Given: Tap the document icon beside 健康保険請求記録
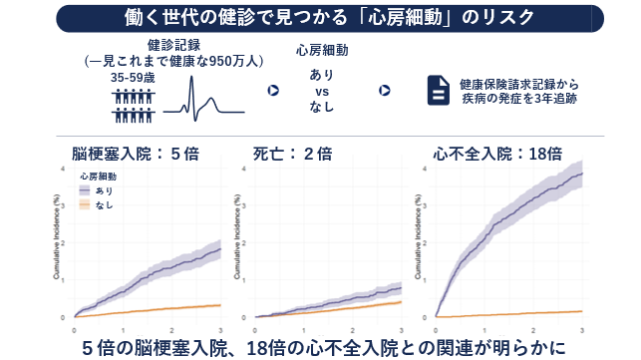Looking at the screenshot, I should (439, 91).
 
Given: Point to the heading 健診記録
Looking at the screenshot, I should (174, 45).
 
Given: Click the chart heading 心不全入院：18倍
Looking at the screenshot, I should (497, 154).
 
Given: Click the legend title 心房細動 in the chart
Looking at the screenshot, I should (96, 175).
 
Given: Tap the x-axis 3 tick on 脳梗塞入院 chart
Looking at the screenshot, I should (219, 328).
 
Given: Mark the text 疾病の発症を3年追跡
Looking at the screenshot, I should (518, 99).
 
